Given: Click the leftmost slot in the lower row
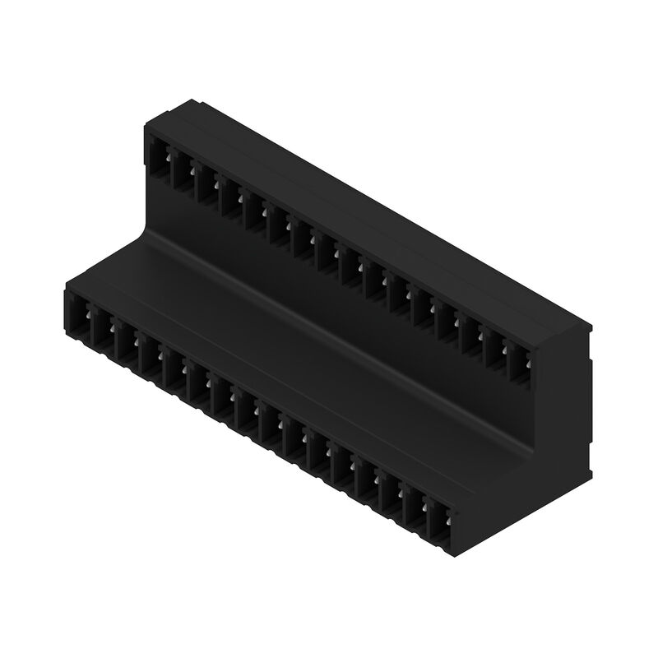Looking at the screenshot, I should tap(80, 317).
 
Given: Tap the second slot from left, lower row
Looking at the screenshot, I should tap(103, 331).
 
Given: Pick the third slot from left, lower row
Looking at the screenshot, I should tap(127, 344).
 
